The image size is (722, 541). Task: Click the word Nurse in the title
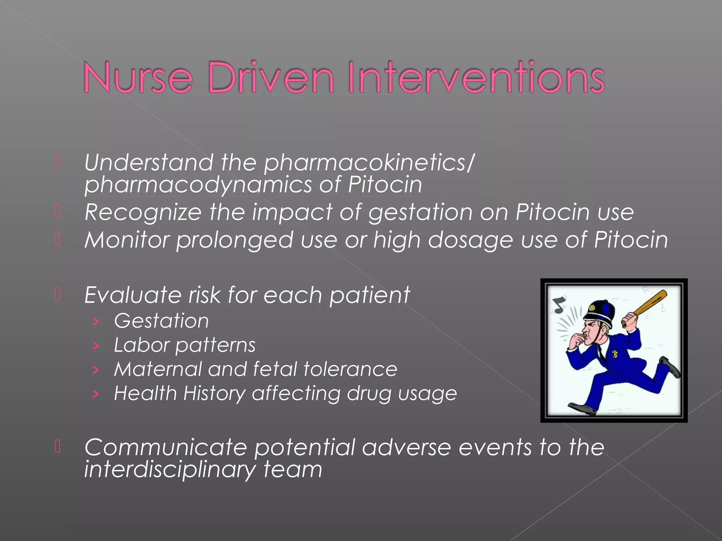pos(138,77)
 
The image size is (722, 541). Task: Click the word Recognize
pos(143,212)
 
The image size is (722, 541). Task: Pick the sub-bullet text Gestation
pos(161,321)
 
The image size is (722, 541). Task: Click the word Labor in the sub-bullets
pos(141,345)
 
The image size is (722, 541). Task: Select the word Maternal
pos(157,369)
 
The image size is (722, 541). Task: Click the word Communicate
pos(166,447)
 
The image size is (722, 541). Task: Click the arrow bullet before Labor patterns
pos(95,346)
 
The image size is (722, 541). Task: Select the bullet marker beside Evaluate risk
pos(58,294)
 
